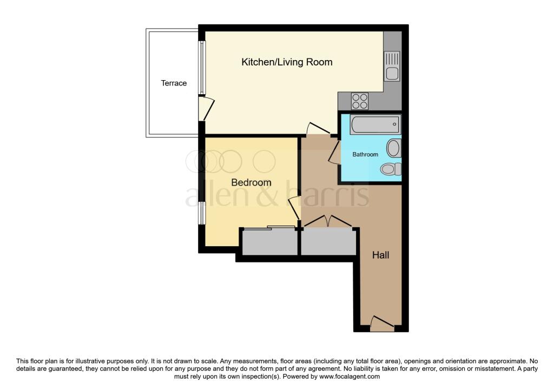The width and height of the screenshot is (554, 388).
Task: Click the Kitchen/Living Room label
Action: tap(287, 62)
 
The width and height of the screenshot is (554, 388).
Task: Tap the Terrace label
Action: tap(174, 83)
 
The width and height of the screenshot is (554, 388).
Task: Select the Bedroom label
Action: tap(251, 182)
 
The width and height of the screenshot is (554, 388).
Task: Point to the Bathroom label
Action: tap(365, 155)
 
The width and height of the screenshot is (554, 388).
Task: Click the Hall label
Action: tap(380, 255)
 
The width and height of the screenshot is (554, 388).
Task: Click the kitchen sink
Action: tap(392, 66)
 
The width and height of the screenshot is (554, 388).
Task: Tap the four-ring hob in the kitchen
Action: tap(360, 101)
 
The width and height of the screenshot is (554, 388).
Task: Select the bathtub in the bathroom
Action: tap(375, 126)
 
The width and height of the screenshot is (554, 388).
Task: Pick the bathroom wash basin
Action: tap(394, 148)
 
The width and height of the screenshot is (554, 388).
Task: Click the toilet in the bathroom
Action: tap(391, 169)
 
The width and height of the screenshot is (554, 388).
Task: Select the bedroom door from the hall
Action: tap(294, 208)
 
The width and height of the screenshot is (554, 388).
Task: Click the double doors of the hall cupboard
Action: tap(328, 221)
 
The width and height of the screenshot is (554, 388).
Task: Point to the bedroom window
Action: tap(201, 213)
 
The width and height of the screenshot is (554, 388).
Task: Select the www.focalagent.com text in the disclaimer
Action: tap(349, 377)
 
